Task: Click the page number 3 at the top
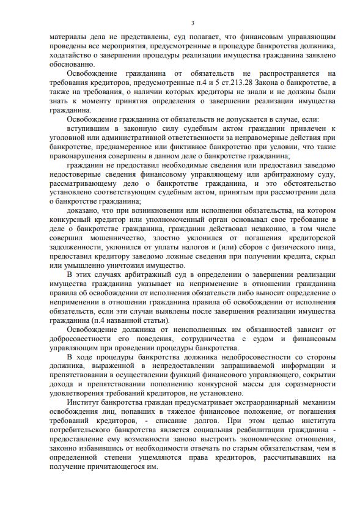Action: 193,23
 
